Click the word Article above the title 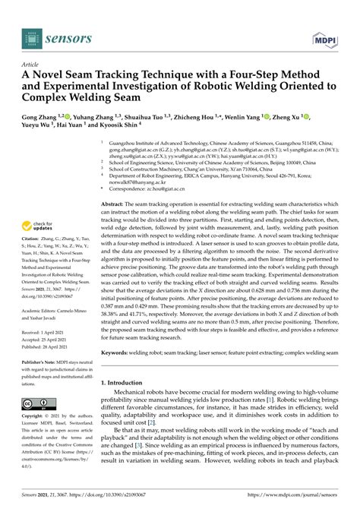point(31,65)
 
